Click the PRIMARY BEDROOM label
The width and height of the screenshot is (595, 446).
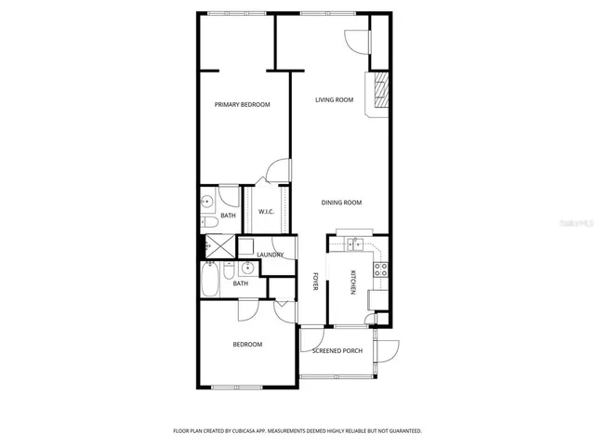point(242,105)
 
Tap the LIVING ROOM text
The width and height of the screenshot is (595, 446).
point(334,100)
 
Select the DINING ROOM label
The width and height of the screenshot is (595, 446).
point(341,203)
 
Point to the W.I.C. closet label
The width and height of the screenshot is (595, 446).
point(265,211)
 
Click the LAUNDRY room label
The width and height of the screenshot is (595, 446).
point(270,255)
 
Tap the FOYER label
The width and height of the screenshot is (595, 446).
point(315,282)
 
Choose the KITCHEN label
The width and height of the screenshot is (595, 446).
point(353,282)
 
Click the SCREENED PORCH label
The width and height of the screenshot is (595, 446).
point(336,351)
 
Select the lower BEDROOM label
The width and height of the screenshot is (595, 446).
point(246,345)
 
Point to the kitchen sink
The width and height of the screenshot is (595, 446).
point(354,244)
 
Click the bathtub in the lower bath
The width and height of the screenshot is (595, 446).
point(210,280)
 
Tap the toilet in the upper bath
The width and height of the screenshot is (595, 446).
point(208,221)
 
